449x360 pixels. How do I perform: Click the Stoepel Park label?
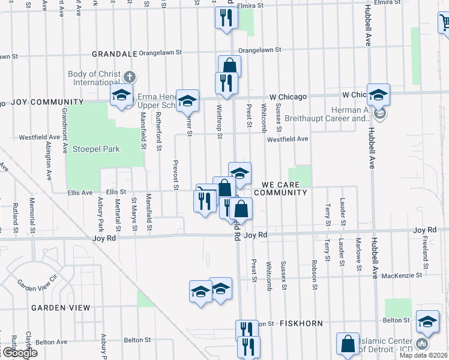(96, 149)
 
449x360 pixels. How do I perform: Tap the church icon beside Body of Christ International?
(130, 77)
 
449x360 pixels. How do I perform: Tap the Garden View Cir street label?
(36, 282)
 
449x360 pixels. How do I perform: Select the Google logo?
(19, 353)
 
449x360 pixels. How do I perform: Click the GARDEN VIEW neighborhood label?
(61, 308)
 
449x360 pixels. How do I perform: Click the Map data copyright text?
(424, 355)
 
